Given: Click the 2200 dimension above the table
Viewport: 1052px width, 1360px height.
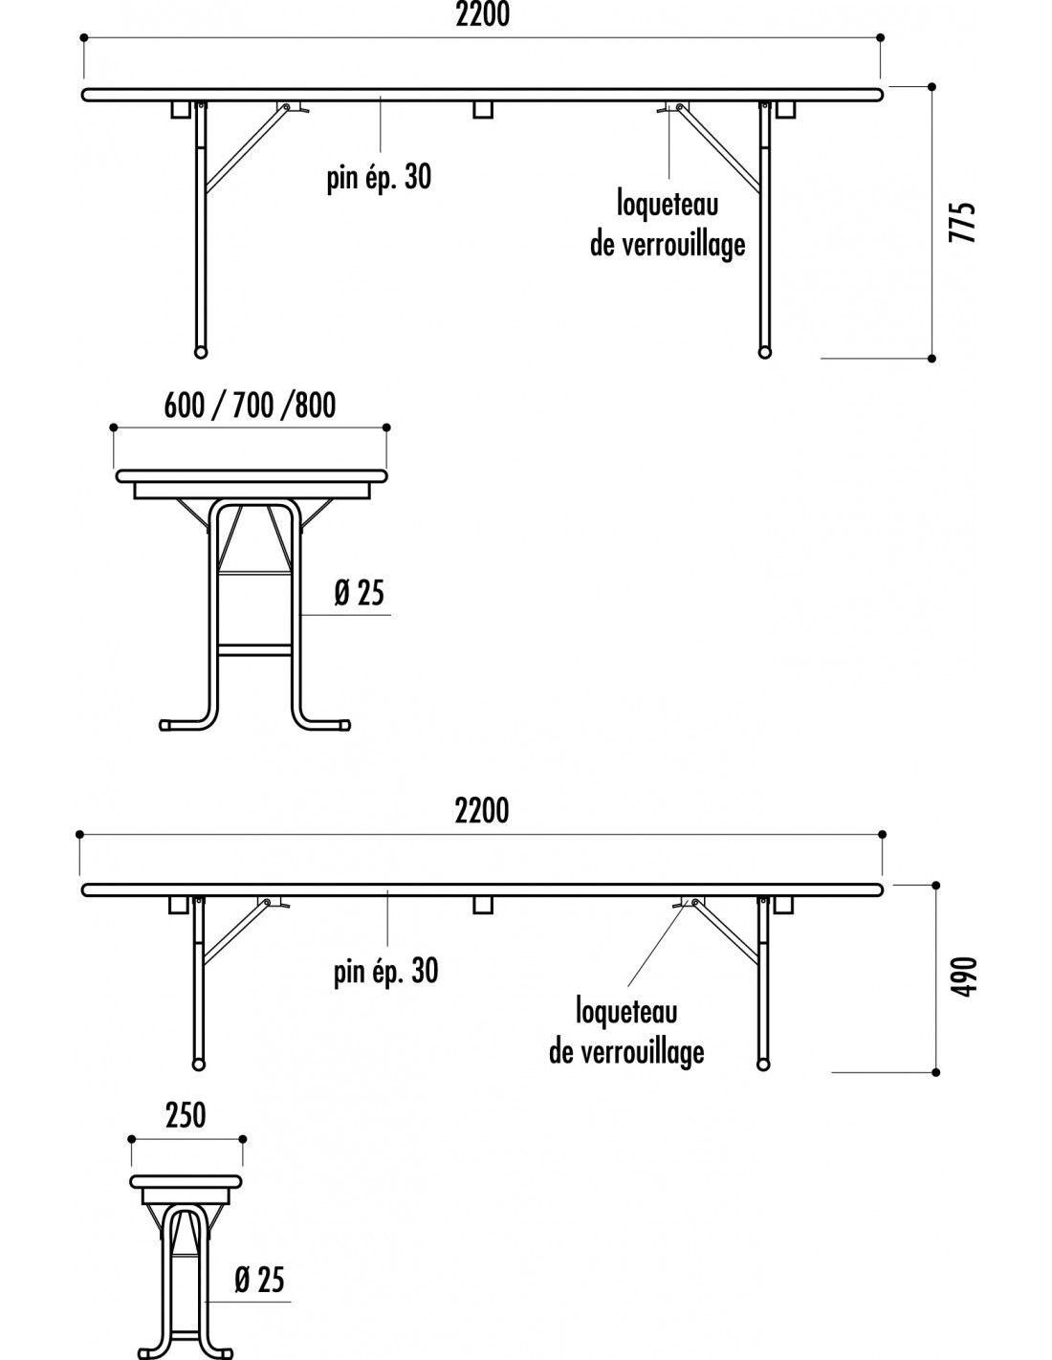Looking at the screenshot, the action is pos(483,15).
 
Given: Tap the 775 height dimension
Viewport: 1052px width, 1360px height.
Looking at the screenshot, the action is pos(962,222).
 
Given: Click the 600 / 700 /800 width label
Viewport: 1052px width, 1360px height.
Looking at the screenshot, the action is pos(250,406).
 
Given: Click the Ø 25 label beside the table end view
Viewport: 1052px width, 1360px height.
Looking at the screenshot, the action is pos(360,593).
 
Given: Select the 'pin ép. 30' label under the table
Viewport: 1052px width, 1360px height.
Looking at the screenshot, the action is pos(380,178).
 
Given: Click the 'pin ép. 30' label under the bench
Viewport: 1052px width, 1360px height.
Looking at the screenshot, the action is pos(385,972).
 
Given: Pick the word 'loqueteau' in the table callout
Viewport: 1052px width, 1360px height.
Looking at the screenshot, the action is pos(668,206).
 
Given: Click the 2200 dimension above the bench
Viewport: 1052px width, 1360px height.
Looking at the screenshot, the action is pos(482,810).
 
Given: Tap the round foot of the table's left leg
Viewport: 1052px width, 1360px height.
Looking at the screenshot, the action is pos(200,352).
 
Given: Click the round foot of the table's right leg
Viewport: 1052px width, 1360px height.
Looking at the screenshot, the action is pos(764,352).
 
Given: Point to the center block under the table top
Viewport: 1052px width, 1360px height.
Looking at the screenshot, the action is pos(483,110).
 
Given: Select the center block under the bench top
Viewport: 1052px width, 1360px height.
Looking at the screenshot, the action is pos(482,905).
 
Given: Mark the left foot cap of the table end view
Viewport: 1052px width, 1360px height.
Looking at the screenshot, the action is pos(166,725).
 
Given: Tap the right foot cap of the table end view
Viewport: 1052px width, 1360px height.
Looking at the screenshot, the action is pos(343,725).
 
